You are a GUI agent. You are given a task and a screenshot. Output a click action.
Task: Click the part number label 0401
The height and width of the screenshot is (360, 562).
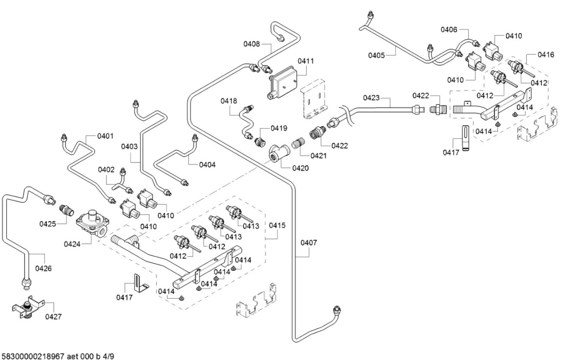pyautogui.click(x=105, y=136)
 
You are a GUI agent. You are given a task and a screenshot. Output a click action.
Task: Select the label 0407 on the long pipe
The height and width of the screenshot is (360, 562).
pyautogui.click(x=309, y=243)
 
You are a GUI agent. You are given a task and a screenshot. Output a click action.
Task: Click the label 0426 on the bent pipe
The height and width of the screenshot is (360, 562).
pyautogui.click(x=44, y=269)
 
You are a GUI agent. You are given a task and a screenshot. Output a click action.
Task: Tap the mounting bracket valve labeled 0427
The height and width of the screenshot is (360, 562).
pyautogui.click(x=26, y=307)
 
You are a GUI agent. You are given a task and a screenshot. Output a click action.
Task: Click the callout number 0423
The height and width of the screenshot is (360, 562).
pyautogui.click(x=371, y=98)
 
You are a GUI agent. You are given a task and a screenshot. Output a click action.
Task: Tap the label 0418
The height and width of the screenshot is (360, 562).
pyautogui.click(x=229, y=101)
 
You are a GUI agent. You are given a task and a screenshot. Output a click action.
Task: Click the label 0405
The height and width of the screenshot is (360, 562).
pyautogui.click(x=377, y=55)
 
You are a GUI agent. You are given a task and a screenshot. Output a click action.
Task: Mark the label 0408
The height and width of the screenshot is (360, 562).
pyautogui.click(x=252, y=43)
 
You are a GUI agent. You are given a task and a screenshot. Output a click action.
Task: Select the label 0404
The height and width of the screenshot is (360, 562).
pyautogui.click(x=207, y=164)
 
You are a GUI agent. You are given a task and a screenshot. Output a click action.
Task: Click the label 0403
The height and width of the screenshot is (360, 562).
pyautogui.click(x=129, y=146)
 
